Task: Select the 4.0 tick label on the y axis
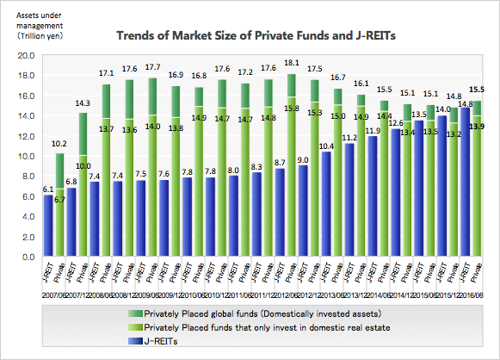coord(26,217)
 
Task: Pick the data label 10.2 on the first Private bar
coord(59,144)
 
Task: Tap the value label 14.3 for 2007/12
coord(82,102)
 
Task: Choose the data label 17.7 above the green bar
coord(151,67)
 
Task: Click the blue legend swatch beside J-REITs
coord(137,340)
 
